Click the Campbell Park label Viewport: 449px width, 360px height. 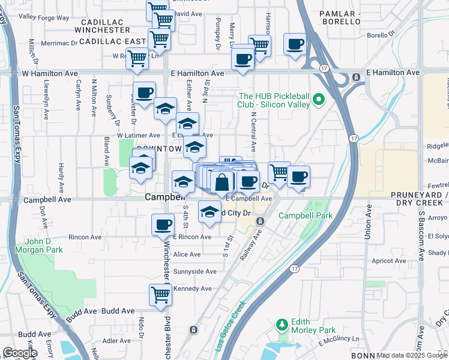click(306, 215)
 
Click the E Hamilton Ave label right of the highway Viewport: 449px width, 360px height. click(393, 72)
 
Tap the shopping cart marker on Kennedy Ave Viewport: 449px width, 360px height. click(160, 295)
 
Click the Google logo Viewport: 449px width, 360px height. click(19, 353)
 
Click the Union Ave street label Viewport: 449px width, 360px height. click(367, 225)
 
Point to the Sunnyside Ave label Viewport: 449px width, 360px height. click(194, 271)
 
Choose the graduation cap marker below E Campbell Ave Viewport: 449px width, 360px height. click(209, 212)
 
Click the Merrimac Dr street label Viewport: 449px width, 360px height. click(61, 43)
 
